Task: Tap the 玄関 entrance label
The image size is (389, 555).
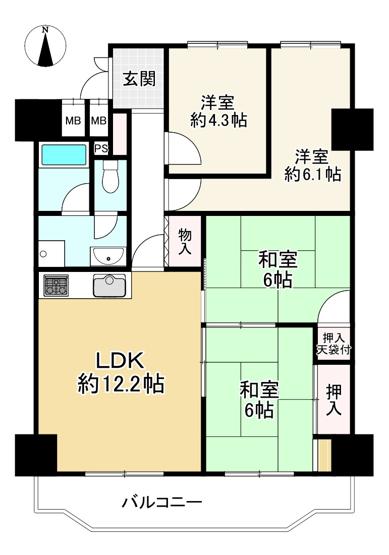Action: click(139, 79)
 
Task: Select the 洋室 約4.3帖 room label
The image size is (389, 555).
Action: click(218, 111)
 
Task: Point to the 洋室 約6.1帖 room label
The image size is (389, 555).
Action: click(312, 165)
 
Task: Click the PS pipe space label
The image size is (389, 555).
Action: click(101, 149)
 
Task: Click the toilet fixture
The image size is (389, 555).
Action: click(109, 177)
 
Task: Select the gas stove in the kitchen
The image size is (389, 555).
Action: click(56, 286)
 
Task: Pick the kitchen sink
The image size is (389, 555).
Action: click(109, 286)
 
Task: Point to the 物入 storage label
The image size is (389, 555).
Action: click(185, 241)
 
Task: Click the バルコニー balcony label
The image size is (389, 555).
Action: click(162, 503)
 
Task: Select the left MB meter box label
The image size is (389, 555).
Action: click(73, 121)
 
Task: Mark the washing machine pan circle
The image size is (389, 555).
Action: click(43, 254)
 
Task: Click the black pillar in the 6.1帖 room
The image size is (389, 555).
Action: click(352, 129)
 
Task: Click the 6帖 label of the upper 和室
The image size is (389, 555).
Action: click(277, 280)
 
